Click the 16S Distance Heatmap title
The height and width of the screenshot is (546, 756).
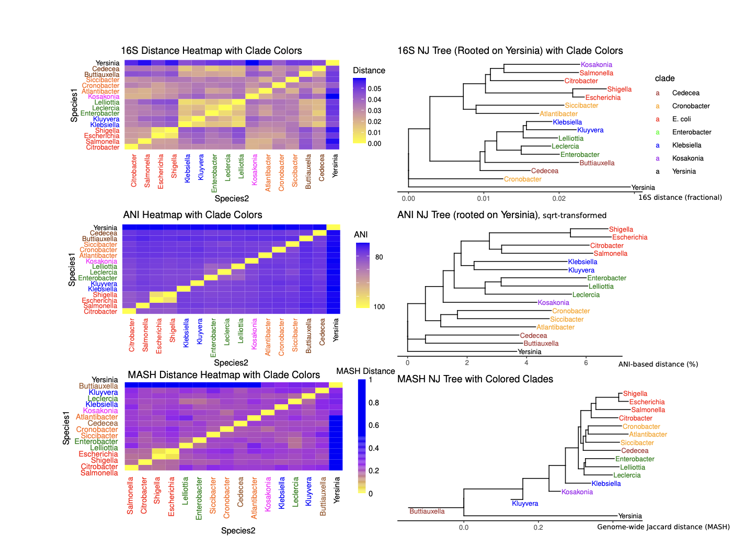(x=211, y=51)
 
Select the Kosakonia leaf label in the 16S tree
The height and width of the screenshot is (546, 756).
(x=596, y=65)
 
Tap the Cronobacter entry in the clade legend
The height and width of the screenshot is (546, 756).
(x=691, y=106)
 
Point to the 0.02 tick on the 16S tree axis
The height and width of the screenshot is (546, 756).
(x=559, y=198)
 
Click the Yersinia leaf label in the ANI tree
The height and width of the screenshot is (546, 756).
(x=529, y=352)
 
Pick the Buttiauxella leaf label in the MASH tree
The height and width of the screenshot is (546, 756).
(x=427, y=511)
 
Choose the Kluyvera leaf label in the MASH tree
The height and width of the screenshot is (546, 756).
(x=524, y=504)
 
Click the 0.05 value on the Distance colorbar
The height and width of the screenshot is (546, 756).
(x=374, y=89)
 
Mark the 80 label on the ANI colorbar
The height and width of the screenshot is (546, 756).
(x=379, y=257)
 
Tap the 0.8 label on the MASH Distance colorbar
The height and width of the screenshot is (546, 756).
(x=373, y=403)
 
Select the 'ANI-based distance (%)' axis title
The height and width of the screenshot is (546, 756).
(x=658, y=364)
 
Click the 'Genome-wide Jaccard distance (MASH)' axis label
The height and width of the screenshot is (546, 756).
(x=663, y=527)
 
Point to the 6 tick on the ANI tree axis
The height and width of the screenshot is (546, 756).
(x=586, y=362)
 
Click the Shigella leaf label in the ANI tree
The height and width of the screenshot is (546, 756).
(x=621, y=230)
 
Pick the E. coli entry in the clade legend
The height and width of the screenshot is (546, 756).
(x=681, y=119)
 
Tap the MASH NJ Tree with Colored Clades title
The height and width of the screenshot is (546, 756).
(x=475, y=379)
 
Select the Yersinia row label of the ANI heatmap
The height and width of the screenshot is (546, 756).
(x=105, y=228)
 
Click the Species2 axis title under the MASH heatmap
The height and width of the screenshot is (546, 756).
(x=238, y=531)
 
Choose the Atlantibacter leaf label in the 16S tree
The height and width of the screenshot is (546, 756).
(x=558, y=114)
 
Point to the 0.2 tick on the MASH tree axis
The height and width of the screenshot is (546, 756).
(x=538, y=527)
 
